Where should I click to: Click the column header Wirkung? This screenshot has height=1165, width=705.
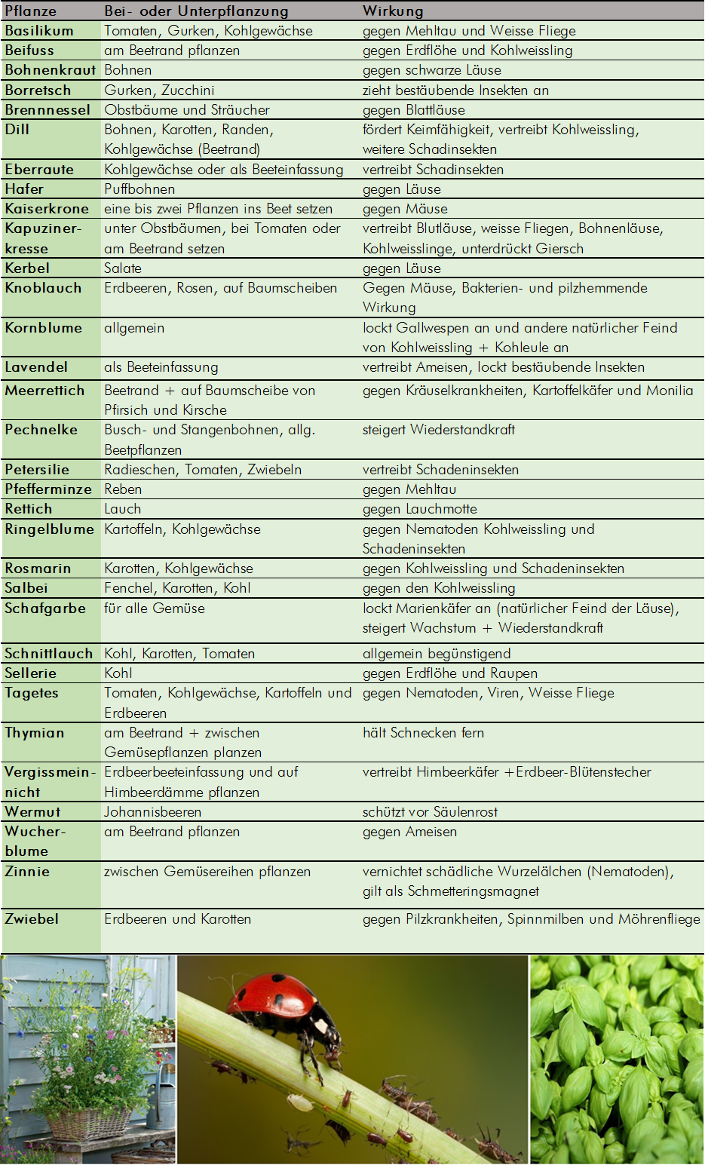point(393,11)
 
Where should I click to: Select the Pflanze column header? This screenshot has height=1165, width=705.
point(30,11)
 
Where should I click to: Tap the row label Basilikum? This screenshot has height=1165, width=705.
point(39,31)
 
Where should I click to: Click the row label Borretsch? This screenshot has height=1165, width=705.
point(38,90)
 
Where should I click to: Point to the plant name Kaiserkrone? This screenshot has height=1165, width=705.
point(47,209)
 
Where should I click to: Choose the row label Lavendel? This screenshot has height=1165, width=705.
point(36,367)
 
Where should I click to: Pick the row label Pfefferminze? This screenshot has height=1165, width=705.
point(48,489)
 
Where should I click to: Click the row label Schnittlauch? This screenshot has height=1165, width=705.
point(48,654)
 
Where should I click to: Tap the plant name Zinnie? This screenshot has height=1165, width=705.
point(27,872)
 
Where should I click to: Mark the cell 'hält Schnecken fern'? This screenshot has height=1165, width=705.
point(423,733)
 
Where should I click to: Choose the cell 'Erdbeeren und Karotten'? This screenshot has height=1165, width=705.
point(177,919)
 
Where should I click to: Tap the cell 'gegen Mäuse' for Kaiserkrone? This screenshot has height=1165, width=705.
point(405,209)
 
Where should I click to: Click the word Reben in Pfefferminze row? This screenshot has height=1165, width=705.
point(123,489)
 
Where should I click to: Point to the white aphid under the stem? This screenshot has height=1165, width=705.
point(301,1102)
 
